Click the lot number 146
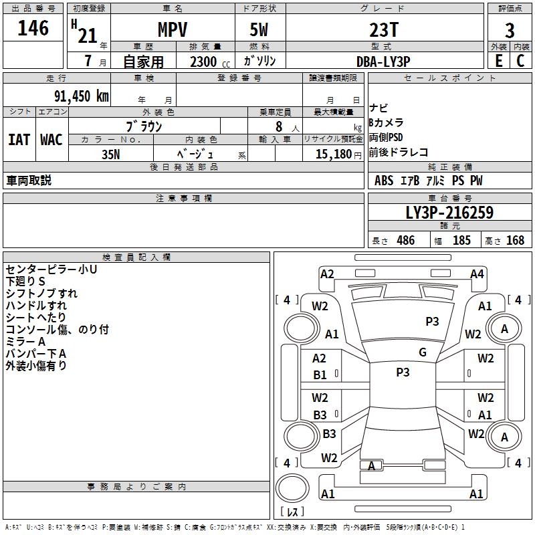[33, 27]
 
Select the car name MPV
[173, 29]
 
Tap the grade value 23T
[384, 30]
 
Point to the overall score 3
[510, 30]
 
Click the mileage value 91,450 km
[82, 96]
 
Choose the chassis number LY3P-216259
[449, 213]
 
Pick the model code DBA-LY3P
[383, 62]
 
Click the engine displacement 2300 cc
[210, 62]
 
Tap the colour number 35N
[111, 154]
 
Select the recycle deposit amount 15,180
[334, 154]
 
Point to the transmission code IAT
[19, 140]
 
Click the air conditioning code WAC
[51, 140]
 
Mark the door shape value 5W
[259, 29]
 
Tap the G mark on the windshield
[423, 352]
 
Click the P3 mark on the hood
[432, 322]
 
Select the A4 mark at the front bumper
[477, 274]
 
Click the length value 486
[406, 240]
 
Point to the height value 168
[515, 240]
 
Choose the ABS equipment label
[384, 181]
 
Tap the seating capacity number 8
[279, 126]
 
